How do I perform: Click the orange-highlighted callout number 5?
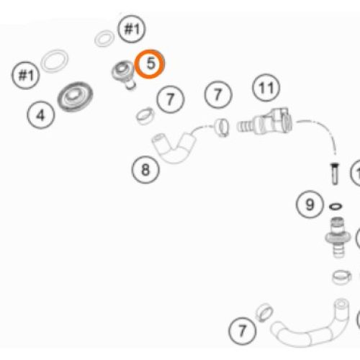point(150,64)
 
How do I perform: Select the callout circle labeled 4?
point(41,114)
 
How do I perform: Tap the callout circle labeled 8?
point(145,170)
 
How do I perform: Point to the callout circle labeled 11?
point(266,88)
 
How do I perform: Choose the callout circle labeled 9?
point(310,204)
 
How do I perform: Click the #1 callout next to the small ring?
point(132,29)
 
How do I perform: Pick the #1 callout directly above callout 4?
point(26,76)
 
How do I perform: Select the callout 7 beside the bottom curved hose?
point(243,331)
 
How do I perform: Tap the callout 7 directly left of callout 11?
point(218,94)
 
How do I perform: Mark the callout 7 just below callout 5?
point(171,99)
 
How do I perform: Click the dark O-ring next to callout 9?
point(336,206)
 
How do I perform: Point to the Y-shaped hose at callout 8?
point(174,148)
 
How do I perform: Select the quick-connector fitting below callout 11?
point(264,122)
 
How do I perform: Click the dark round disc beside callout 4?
point(75,96)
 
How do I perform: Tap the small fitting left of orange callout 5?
point(123,74)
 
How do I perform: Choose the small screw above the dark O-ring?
point(335,174)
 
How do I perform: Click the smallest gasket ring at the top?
point(104,38)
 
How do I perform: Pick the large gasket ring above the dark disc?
point(55,61)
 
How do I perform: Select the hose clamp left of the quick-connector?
point(221,127)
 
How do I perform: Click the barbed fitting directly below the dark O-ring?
point(338,237)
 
